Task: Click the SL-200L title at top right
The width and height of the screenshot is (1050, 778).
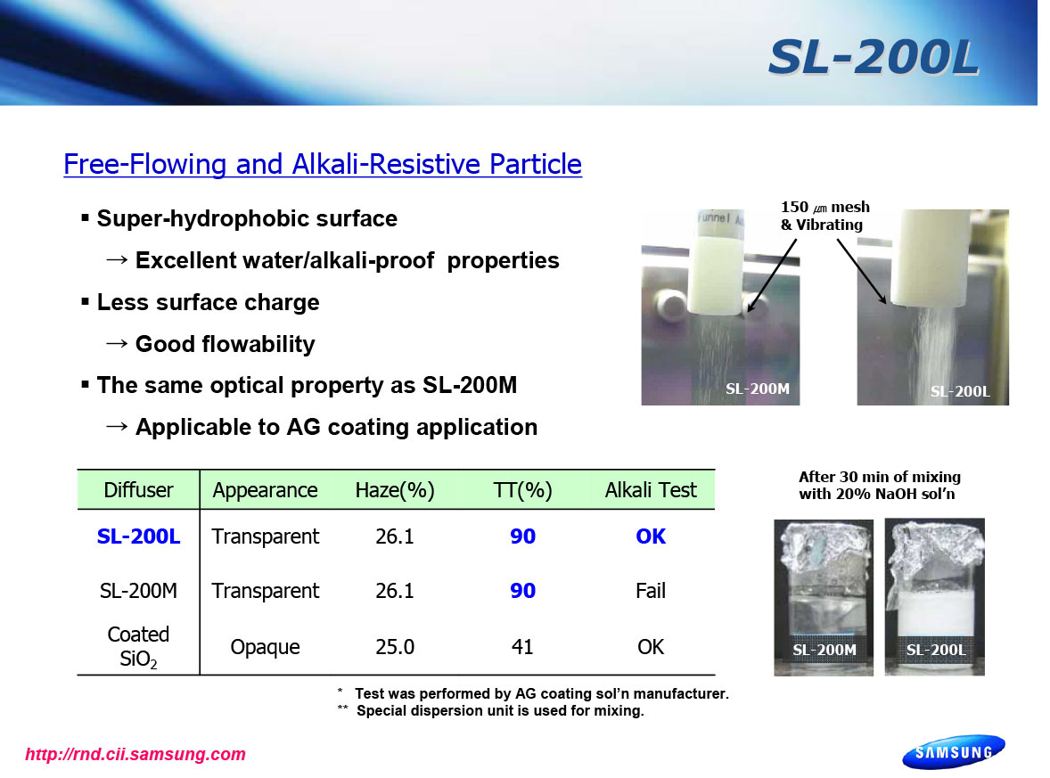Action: click(874, 57)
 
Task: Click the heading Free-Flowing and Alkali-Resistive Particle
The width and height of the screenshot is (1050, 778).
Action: click(323, 164)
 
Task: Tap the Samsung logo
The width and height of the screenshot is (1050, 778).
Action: click(954, 752)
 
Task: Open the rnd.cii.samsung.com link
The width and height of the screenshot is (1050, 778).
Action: click(135, 754)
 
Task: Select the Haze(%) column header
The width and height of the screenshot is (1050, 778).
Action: click(395, 490)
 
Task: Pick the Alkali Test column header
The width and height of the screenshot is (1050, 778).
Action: click(650, 490)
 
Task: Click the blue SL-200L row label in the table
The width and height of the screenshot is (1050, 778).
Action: click(139, 536)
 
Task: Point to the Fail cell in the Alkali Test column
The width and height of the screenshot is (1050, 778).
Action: click(650, 591)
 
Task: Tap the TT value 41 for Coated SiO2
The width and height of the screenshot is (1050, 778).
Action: click(522, 647)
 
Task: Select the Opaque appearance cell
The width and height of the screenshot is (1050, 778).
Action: click(266, 647)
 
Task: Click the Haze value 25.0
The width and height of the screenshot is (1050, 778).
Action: click(395, 647)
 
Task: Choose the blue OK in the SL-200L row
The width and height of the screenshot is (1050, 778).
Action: click(650, 536)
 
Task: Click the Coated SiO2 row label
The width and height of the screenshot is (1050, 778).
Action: click(139, 647)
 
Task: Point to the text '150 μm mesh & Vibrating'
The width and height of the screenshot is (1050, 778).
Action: click(825, 216)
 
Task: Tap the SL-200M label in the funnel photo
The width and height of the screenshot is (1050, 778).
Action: click(758, 389)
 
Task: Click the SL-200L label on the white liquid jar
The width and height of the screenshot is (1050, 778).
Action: click(936, 650)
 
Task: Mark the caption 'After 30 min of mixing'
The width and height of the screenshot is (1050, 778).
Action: click(879, 477)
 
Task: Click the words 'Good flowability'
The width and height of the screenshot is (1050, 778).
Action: click(225, 344)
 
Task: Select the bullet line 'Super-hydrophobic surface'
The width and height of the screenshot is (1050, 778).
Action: click(247, 219)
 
